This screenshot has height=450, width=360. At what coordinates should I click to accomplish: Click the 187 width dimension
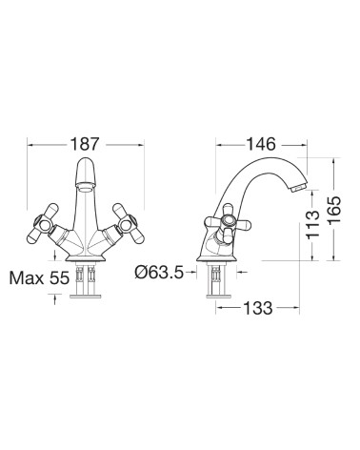tap(85, 145)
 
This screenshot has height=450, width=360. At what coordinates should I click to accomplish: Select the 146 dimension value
tap(262, 145)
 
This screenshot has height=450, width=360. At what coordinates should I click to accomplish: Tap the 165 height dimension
tap(334, 210)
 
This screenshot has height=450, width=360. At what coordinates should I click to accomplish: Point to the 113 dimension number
tap(312, 224)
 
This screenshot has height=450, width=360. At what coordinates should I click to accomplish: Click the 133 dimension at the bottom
tap(258, 308)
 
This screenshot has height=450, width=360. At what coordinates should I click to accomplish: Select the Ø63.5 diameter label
tap(159, 273)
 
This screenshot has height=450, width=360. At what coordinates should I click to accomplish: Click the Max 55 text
tap(39, 278)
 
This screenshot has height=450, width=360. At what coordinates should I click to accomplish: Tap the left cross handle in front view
tap(44, 225)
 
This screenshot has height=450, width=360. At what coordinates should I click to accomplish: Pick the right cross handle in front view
tap(128, 225)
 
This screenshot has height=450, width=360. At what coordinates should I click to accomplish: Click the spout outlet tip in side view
tap(298, 188)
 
